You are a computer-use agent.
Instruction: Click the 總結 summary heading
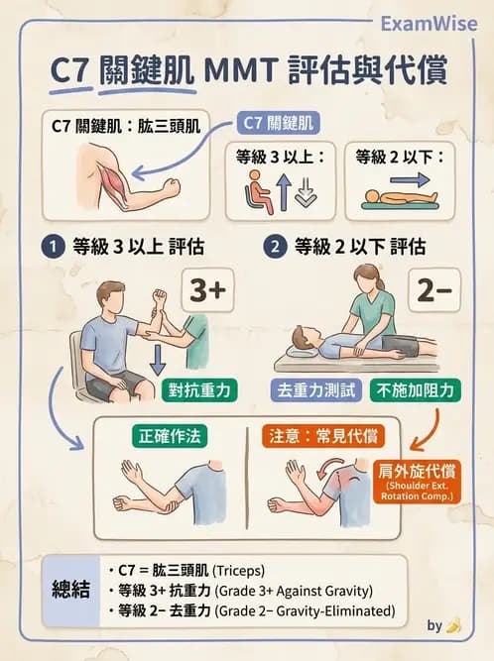(70, 590)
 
